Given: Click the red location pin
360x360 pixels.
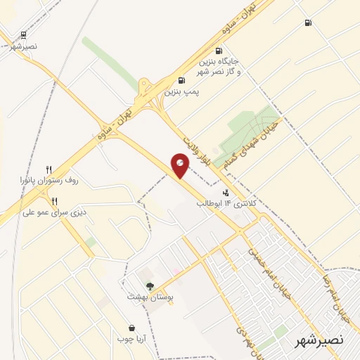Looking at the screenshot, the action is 181,167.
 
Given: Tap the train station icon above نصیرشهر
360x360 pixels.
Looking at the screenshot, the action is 24,34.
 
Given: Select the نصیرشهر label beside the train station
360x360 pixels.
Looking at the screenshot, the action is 24,46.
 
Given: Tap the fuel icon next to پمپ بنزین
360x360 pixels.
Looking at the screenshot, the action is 182,80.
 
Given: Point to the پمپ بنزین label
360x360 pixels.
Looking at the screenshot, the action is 179,91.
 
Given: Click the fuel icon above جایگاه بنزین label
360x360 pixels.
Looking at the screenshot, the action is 219,50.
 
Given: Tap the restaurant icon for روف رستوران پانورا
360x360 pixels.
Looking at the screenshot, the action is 49,169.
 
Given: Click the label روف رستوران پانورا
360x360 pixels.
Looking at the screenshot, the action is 49,181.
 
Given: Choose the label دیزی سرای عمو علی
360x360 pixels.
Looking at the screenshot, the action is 52,212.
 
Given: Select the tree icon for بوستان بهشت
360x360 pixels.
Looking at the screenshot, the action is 149,285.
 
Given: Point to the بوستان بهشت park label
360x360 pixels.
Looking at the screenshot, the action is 149,297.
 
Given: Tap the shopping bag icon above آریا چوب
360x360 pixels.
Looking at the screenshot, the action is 131,328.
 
